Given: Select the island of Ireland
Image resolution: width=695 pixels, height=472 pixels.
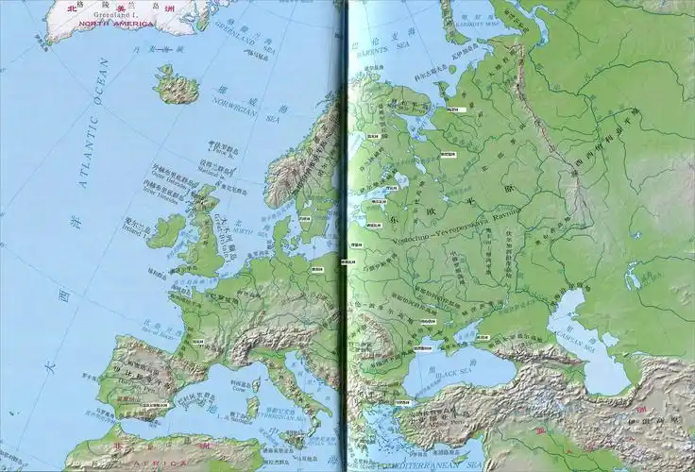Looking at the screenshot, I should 167,230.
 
